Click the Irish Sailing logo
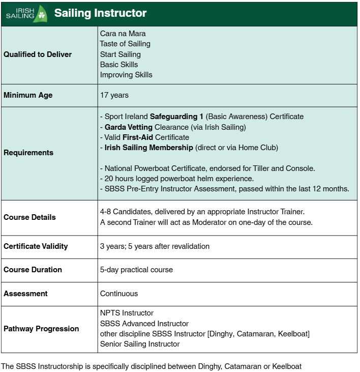(25, 13)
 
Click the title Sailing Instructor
(100, 13)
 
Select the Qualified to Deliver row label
(38, 54)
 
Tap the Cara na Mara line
(123, 34)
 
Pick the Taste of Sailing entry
(125, 44)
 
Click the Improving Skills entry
(126, 75)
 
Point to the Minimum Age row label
(28, 95)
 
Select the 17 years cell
(114, 95)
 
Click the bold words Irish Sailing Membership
(149, 148)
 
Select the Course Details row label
(29, 217)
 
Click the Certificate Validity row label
(36, 246)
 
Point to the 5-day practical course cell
(136, 270)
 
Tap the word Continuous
(119, 294)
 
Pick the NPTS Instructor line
(127, 313)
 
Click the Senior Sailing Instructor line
(140, 344)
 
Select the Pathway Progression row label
(41, 329)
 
